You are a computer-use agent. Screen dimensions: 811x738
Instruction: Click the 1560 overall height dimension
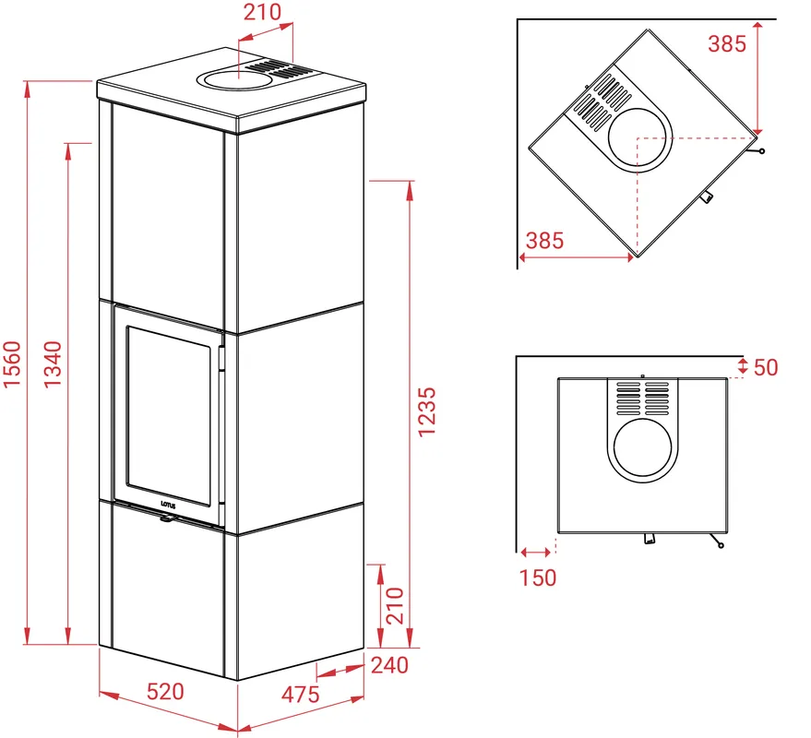coord(12,363)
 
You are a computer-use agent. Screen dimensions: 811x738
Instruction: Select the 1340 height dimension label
coord(53,363)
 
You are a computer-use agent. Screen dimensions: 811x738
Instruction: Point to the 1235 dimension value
coord(426,412)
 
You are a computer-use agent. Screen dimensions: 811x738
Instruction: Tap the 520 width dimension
coord(165,692)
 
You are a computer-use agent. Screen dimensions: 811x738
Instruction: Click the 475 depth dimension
coord(300,695)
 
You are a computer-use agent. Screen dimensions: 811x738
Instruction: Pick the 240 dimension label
coord(389,665)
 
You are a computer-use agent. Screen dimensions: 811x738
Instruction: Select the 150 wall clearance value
coord(538,577)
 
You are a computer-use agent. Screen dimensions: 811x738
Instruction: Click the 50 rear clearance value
coord(766,367)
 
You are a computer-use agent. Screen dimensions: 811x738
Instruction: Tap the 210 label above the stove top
coord(262,12)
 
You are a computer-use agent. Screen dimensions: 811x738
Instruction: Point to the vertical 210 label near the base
coord(395,605)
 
